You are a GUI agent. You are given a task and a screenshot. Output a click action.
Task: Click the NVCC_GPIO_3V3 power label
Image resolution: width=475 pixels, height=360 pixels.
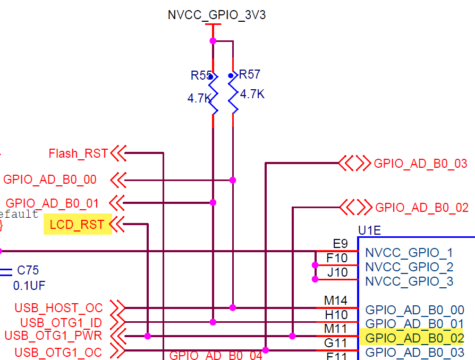[x=217, y=15]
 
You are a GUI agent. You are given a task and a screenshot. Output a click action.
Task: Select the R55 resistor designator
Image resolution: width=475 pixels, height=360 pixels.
[x=201, y=75]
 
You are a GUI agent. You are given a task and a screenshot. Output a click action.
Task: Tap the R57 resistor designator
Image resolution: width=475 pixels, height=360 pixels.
[x=250, y=74]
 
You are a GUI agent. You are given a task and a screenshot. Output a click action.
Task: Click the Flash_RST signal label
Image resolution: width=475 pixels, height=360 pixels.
[x=78, y=154]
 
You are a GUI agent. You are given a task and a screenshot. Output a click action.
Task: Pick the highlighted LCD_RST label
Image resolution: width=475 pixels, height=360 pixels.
[x=77, y=225]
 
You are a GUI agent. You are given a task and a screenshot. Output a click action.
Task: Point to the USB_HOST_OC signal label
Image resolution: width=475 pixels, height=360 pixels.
[x=58, y=308]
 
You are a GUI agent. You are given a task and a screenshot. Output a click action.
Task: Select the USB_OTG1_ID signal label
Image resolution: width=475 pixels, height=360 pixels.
[x=61, y=322]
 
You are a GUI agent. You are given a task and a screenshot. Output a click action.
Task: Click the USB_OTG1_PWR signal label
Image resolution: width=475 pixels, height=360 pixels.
[x=53, y=336]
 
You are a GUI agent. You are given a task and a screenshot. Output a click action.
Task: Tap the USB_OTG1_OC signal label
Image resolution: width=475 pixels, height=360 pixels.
[x=58, y=352]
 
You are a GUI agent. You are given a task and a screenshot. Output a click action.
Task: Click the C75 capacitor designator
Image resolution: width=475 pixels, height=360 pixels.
[x=28, y=270]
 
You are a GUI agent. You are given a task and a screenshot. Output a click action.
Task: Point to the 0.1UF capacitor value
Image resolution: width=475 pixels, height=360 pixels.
[x=29, y=286]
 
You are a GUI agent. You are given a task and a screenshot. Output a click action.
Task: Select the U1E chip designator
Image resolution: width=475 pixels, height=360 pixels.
[x=370, y=231]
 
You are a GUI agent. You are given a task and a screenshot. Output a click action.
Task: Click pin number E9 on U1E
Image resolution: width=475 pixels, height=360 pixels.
[x=340, y=244]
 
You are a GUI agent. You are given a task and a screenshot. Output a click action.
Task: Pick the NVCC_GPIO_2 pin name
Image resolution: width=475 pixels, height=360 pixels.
[x=409, y=267]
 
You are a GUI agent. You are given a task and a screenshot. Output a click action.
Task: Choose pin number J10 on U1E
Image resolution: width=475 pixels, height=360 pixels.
[x=337, y=273]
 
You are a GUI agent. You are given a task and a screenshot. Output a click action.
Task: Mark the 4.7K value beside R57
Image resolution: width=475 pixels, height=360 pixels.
[x=252, y=95]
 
